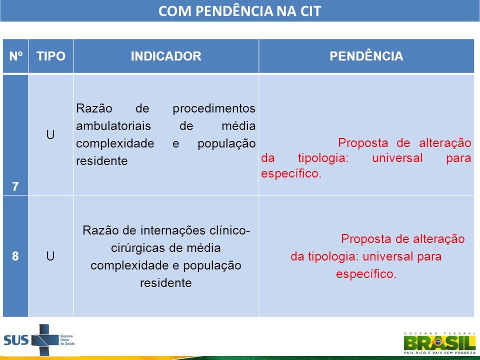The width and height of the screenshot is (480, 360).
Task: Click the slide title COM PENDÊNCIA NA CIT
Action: pos(239,11)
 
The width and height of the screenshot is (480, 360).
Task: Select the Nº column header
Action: pos(16,56)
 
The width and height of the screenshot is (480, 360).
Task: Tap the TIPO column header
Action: pos(51,56)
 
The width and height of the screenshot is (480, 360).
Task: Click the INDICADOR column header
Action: pos(166,56)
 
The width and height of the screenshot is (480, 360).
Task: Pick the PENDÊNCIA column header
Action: pos(366,56)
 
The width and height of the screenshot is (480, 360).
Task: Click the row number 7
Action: pos(15,186)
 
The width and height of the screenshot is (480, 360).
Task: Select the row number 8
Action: pos(15,256)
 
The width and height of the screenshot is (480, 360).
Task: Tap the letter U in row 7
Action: pos(50,134)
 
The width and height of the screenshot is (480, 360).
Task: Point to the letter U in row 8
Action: pos(50,256)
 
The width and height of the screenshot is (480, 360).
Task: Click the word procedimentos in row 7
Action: pos(214,108)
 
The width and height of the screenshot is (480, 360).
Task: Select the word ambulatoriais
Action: pos(113,126)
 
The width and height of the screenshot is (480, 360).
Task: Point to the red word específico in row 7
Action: pos(291,173)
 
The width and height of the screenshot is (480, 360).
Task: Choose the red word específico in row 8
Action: pos(366,274)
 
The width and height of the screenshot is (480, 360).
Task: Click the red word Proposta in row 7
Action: pos(363,143)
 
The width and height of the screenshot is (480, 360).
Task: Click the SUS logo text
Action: pos(16,340)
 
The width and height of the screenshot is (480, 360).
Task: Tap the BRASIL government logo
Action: pos(440,343)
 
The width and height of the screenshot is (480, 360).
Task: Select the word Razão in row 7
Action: pos(94,108)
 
